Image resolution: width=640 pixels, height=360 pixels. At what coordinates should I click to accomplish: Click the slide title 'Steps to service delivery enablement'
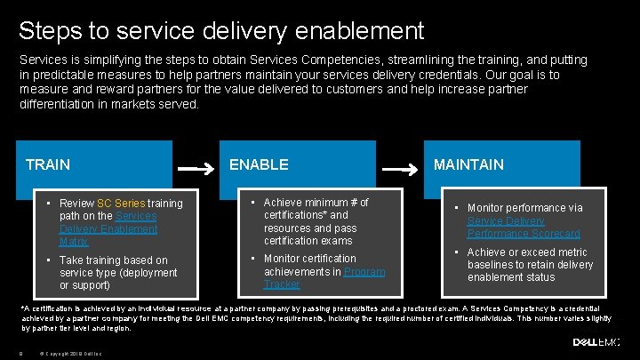[221, 31]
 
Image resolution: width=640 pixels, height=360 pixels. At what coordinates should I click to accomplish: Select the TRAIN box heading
[48, 164]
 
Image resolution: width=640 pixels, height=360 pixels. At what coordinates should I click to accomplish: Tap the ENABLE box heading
[259, 164]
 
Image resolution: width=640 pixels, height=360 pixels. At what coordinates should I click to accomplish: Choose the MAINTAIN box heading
[468, 164]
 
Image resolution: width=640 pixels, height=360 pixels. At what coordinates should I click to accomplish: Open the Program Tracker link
[324, 278]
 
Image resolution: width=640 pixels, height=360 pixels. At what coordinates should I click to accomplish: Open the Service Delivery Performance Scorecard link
[524, 228]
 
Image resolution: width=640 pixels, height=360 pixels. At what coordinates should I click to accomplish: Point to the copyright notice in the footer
[70, 352]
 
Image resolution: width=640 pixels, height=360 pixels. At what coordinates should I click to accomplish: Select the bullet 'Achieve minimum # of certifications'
[316, 221]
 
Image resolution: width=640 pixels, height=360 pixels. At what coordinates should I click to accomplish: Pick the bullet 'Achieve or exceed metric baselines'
[530, 265]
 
